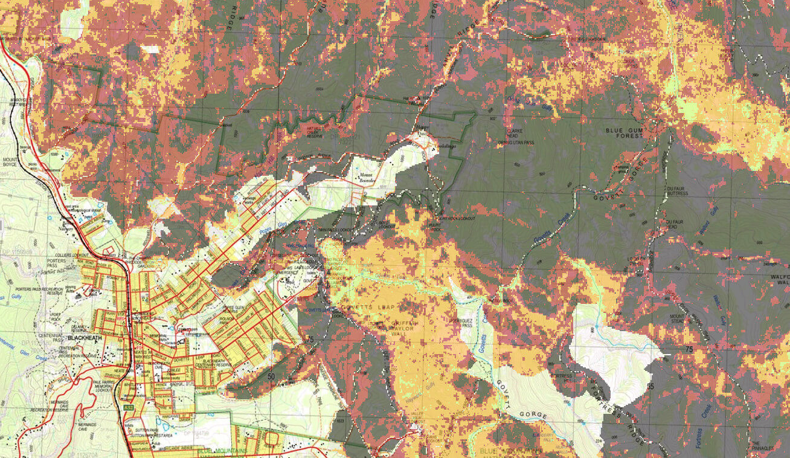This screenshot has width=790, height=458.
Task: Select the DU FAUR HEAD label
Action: [x=674, y=223]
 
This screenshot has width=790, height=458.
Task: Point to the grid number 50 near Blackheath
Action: [x=270, y=376]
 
